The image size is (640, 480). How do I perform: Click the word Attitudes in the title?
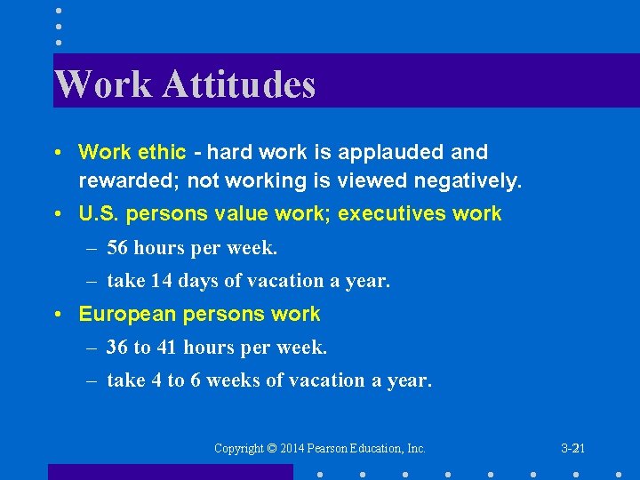click(x=238, y=85)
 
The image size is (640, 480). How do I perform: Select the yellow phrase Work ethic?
click(x=132, y=153)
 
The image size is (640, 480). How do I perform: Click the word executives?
click(x=395, y=214)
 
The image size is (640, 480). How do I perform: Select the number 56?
click(x=118, y=248)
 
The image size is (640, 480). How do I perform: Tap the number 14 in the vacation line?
click(x=161, y=281)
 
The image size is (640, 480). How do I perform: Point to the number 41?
click(x=168, y=348)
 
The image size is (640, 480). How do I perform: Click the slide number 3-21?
click(x=572, y=449)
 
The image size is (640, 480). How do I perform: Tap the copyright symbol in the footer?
click(x=273, y=449)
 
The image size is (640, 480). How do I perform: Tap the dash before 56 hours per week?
click(x=92, y=248)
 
